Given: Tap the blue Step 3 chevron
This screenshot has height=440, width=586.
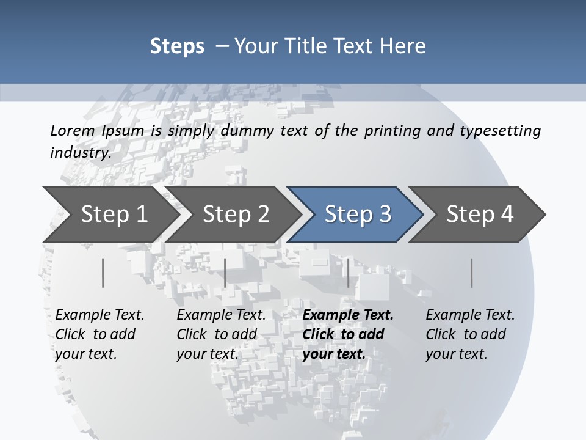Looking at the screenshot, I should [x=357, y=215].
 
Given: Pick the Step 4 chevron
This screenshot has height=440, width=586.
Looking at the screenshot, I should [x=479, y=215].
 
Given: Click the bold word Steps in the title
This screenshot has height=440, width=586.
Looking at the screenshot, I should [x=177, y=46].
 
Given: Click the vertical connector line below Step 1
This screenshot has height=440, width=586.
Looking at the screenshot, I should [x=103, y=273].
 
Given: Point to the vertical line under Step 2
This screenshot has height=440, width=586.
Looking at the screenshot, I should [x=225, y=273].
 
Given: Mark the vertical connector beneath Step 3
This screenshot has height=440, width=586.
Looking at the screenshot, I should [x=348, y=273].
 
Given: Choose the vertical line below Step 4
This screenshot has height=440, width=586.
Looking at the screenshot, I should [x=472, y=273].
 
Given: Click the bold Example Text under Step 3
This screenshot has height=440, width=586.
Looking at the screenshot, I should [x=348, y=315].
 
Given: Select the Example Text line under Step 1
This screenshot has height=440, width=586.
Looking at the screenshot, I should [x=99, y=315].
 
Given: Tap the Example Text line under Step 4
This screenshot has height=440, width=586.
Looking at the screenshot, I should [x=470, y=315].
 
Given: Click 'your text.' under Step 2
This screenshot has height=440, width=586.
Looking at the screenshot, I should [x=207, y=354].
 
